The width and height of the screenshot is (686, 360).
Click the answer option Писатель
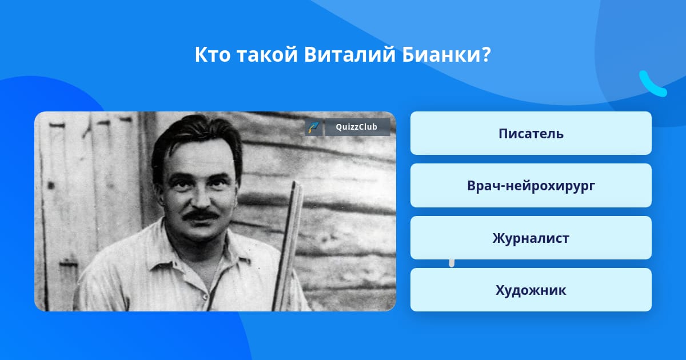[531, 133]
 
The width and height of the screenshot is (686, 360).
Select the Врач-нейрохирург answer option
[531, 186]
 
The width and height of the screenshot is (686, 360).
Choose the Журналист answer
[531, 238]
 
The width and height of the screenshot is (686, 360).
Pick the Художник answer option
[531, 290]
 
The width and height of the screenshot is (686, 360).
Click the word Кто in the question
[213, 55]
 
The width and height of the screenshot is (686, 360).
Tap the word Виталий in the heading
[349, 54]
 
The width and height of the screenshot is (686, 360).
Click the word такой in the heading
[267, 54]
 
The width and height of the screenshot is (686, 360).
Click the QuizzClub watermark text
[356, 127]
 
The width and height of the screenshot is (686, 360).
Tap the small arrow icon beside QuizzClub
[313, 127]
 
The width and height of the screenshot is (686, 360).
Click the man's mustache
[201, 215]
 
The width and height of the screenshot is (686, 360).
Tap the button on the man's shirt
[205, 297]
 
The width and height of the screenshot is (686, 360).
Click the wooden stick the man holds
[288, 245]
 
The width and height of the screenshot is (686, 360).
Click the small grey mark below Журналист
[452, 263]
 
